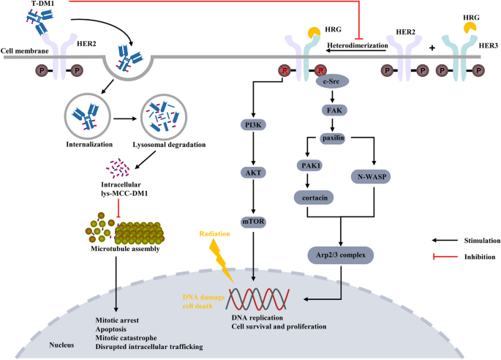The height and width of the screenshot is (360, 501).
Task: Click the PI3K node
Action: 253,125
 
